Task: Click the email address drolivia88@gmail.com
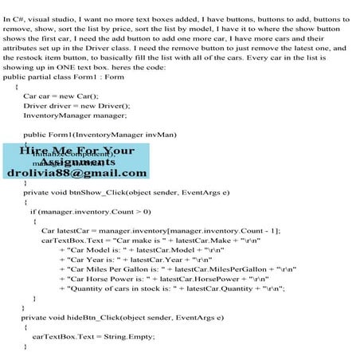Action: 76,173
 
